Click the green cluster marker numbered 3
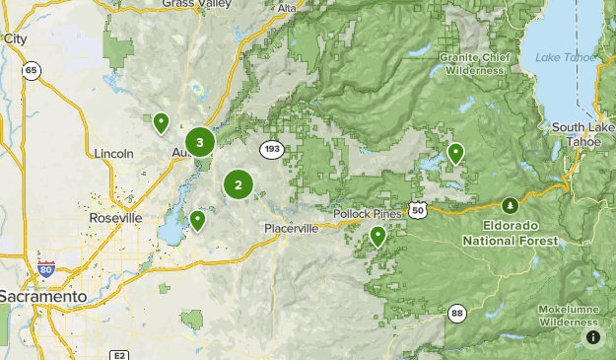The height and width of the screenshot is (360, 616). pos(200,143)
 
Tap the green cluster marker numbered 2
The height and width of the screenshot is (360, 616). pos(238,183)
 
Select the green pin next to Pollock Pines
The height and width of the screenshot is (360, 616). pos(377,236)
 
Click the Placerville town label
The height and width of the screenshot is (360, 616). pos(292,228)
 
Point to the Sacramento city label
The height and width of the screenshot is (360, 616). pos(42,296)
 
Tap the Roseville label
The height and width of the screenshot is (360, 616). pos(116,218)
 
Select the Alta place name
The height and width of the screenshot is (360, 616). pos(287,8)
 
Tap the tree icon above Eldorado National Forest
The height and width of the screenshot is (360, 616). pos(510,206)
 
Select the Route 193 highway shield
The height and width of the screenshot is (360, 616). pos(273,149)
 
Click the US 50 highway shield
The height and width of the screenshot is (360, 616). pos(419,210)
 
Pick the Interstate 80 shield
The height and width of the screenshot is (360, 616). pos(46,269)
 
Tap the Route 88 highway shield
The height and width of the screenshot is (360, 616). pos(456,314)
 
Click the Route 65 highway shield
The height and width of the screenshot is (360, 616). pos(32,70)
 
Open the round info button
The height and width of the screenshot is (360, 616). pos(592,337)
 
